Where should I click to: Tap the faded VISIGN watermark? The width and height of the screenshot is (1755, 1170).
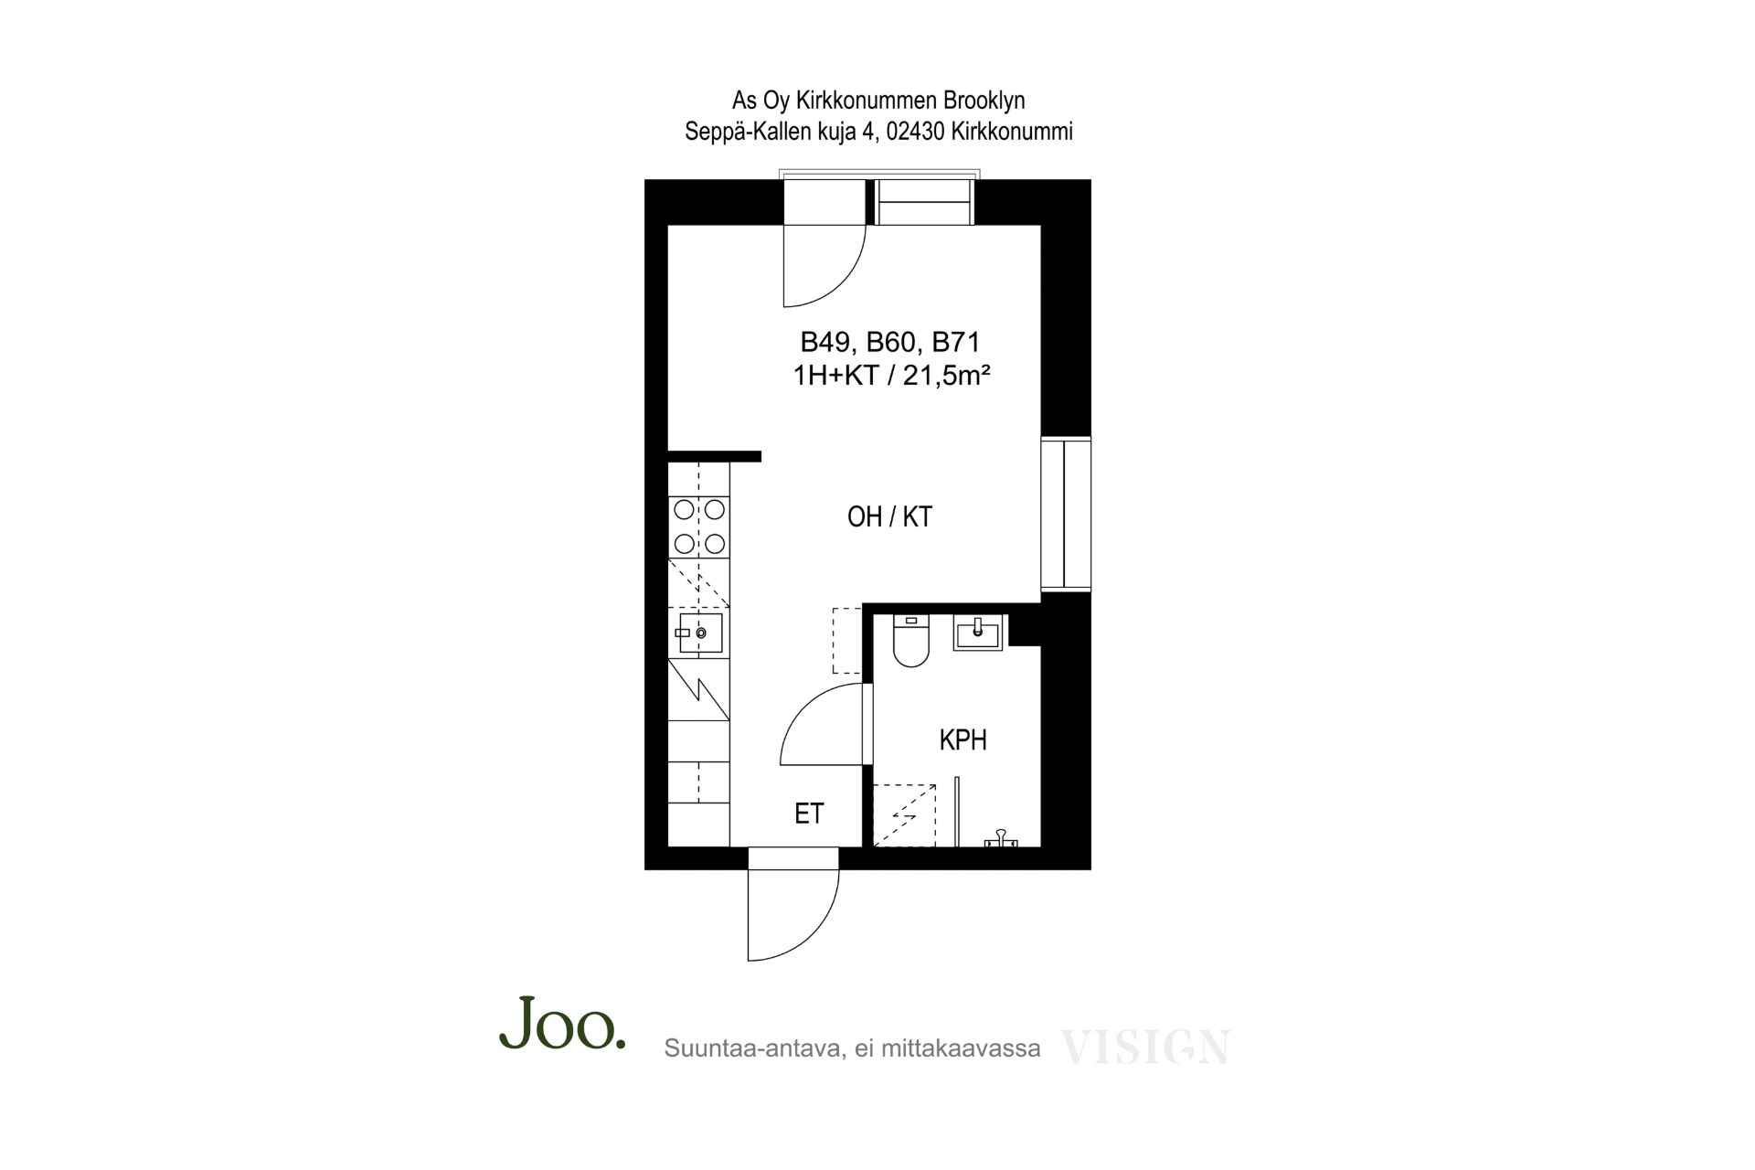click(1145, 1048)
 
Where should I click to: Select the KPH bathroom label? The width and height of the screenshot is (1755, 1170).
click(963, 740)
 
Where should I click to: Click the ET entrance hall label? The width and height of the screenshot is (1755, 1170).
click(809, 814)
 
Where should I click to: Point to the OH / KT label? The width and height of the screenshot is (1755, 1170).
click(889, 517)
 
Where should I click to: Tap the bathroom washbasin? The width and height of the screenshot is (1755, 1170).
click(978, 633)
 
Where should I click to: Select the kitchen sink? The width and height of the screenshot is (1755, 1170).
click(701, 633)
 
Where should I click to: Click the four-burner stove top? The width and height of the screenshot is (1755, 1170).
click(700, 526)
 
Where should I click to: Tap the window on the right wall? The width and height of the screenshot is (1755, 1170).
click(1066, 515)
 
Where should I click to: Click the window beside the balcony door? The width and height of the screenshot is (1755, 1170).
click(923, 202)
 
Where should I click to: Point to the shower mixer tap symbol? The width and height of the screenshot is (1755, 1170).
click(1001, 838)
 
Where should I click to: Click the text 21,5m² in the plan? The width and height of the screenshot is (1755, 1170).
click(948, 376)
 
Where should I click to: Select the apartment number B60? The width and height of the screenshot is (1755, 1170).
click(890, 343)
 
